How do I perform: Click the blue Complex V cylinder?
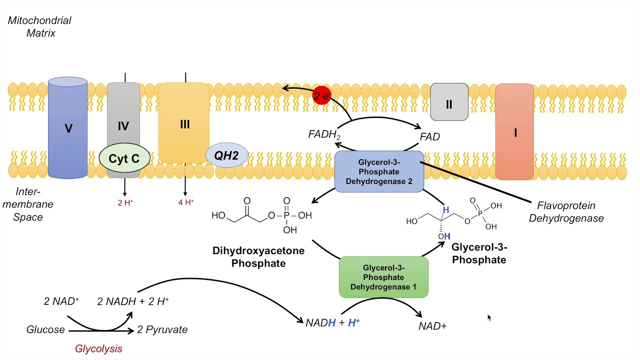click(68, 128)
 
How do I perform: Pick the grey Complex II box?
click(449, 102)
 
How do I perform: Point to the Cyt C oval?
click(124, 159)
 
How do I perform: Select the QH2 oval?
click(226, 155)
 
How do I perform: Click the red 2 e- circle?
click(321, 95)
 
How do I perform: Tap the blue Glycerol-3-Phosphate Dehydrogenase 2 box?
click(379, 171)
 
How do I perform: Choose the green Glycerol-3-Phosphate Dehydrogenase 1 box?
click(383, 277)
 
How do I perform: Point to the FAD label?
click(429, 136)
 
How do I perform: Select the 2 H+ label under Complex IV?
click(125, 202)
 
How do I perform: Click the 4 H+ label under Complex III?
click(185, 202)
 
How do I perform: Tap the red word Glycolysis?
click(98, 348)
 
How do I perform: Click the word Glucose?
click(45, 329)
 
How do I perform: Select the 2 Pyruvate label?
click(162, 329)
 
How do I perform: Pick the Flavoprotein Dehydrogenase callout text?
click(566, 212)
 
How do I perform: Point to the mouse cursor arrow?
click(489, 317)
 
